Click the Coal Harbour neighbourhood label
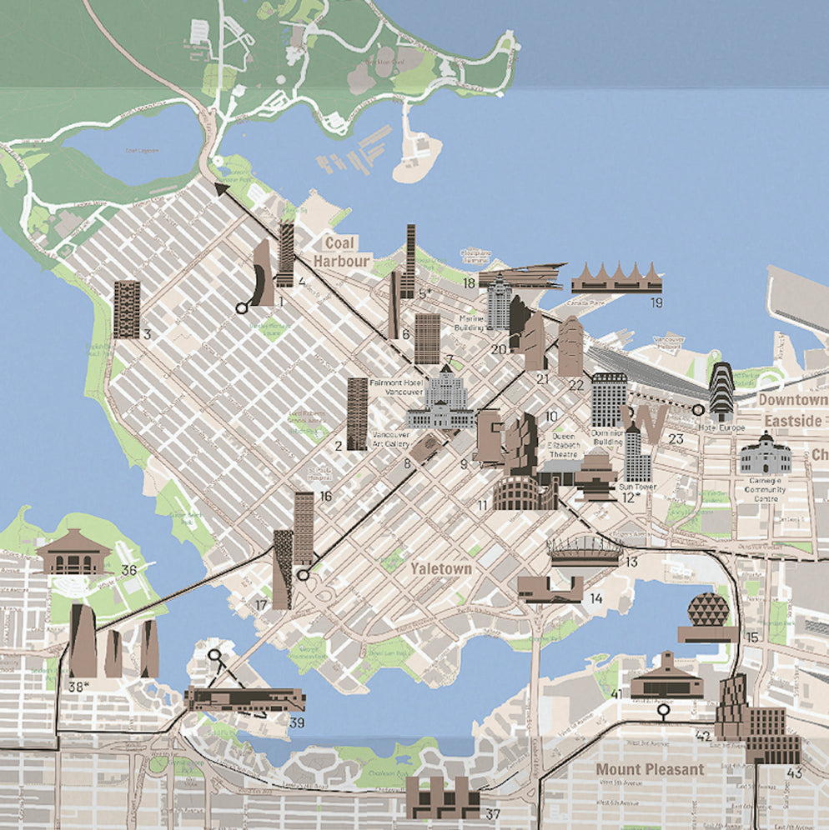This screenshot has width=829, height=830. [341, 252]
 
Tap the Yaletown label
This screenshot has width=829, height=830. [441, 569]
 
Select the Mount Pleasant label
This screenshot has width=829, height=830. [650, 769]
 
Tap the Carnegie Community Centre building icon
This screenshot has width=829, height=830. [765, 455]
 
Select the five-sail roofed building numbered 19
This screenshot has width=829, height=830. [616, 277]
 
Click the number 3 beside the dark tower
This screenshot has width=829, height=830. [147, 336]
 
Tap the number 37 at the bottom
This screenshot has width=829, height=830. [493, 814]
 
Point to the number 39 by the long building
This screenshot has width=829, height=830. [296, 722]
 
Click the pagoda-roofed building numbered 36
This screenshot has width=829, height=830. [73, 551]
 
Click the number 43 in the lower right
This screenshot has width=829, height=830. [794, 773]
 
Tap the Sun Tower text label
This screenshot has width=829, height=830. [638, 487]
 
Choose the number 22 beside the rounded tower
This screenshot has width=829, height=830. [576, 384]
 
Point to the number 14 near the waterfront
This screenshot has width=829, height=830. [596, 598]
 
